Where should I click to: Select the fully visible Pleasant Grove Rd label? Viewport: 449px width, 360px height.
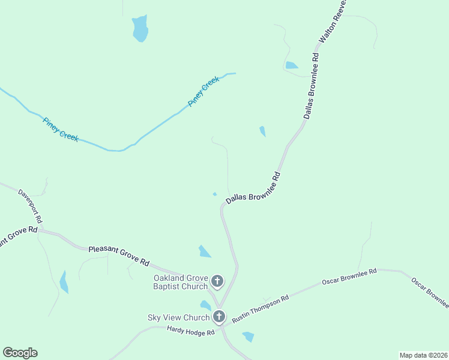tap(119, 255)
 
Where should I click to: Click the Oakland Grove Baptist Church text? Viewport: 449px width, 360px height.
tap(180, 282)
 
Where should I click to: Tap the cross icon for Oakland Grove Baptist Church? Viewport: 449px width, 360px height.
tap(217, 281)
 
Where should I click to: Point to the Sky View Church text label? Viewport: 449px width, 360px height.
tap(178, 317)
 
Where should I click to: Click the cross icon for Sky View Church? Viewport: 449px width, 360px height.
tap(219, 316)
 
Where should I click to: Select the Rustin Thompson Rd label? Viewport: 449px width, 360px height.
tap(261, 308)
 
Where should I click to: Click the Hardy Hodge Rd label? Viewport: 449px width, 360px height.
tap(191, 332)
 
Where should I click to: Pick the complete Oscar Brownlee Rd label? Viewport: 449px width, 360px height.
tap(349, 277)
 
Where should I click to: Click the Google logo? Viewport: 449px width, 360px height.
tap(20, 353)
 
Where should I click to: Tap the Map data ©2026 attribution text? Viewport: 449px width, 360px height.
tap(423, 355)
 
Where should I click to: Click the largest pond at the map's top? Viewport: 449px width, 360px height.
tap(140, 28)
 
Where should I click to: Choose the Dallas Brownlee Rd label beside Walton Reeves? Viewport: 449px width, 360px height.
tap(311, 86)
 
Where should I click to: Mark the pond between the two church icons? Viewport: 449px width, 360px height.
tap(206, 305)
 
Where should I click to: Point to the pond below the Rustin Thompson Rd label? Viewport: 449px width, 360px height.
tap(249, 337)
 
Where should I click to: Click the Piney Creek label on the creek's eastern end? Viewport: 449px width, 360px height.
tap(203, 94)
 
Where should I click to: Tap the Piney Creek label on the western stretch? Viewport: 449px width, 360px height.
tap(60, 129)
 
